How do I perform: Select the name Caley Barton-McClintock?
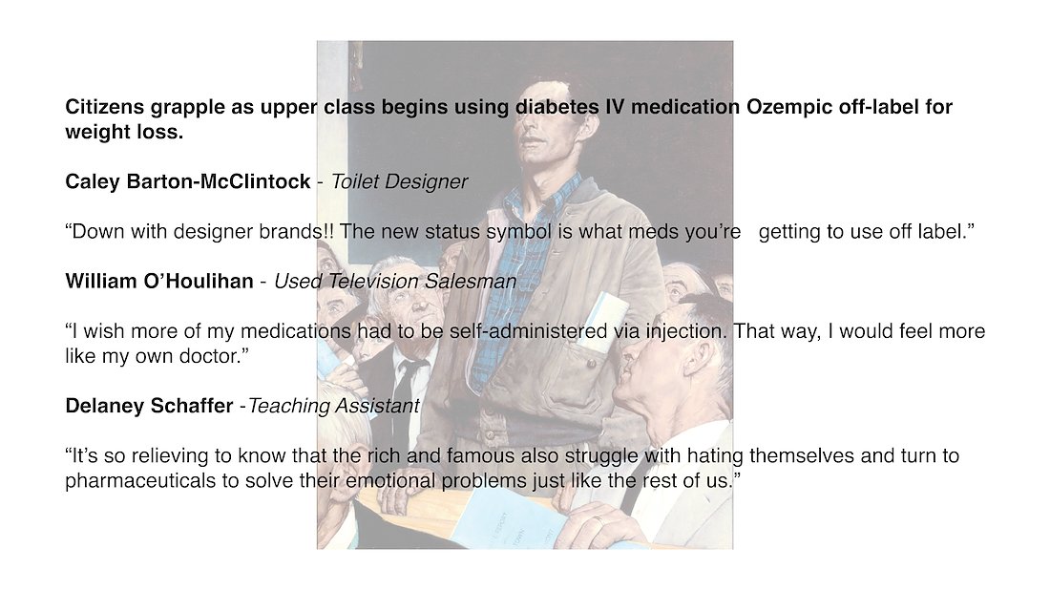[187, 181]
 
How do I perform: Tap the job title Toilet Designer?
[399, 181]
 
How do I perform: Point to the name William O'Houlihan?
[159, 282]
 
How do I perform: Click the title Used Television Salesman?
[395, 282]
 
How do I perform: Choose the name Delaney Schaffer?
[149, 406]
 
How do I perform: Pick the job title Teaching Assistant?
[333, 406]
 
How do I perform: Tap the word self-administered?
[529, 331]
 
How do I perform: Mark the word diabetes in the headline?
[557, 107]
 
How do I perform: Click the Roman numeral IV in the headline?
[615, 107]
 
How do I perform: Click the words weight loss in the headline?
[124, 132]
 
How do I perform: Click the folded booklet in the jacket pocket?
[602, 322]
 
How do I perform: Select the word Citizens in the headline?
[104, 107]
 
